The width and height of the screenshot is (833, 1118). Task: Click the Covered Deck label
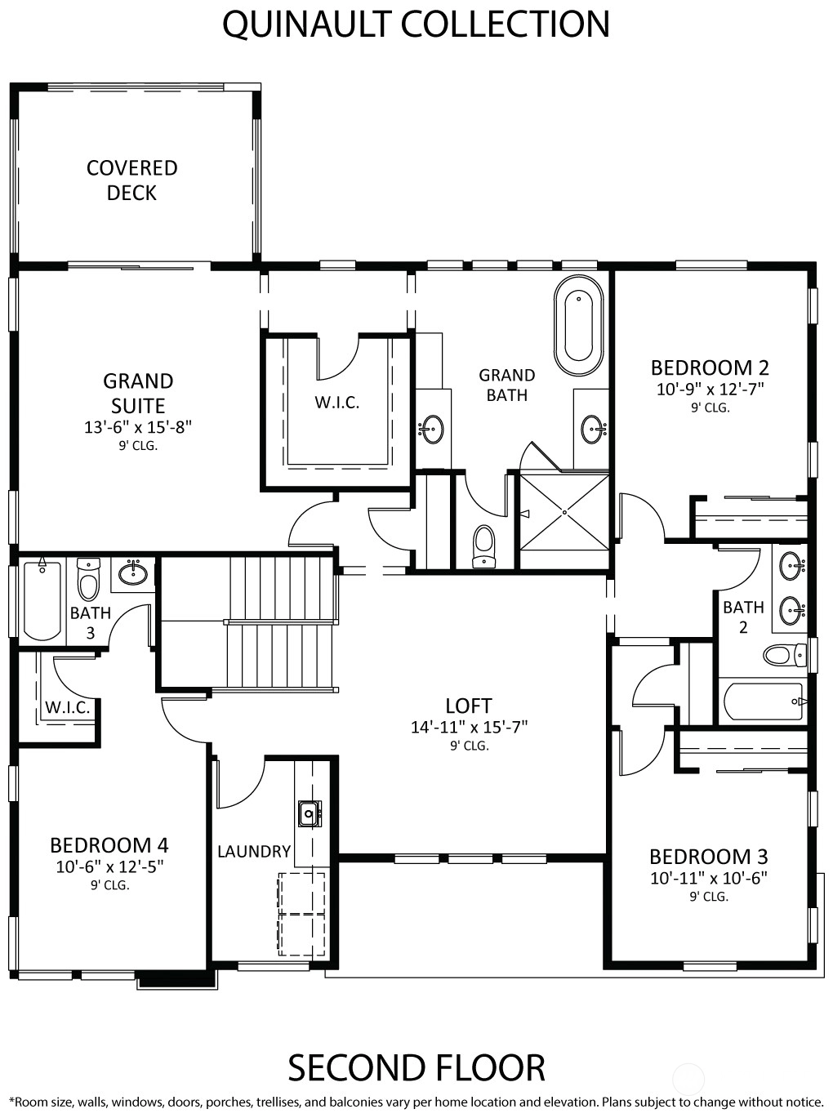[132, 180]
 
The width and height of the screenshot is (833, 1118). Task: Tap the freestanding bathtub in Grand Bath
[578, 324]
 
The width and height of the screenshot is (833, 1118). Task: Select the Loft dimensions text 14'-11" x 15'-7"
[469, 727]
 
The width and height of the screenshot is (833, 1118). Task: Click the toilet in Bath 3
[89, 579]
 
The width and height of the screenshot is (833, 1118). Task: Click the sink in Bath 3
[134, 572]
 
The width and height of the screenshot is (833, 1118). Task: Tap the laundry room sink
[310, 813]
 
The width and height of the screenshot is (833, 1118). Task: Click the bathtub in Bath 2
[763, 702]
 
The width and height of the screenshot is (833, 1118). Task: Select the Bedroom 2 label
[710, 368]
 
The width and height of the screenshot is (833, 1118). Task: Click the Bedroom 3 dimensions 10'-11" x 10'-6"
[708, 878]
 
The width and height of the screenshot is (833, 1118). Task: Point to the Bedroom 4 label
[109, 845]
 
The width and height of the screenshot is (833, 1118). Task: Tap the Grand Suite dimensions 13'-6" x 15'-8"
[138, 427]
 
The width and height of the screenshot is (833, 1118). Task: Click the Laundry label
[254, 851]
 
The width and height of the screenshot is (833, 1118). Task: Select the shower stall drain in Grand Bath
[565, 512]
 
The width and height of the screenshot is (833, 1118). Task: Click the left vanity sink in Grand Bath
[433, 430]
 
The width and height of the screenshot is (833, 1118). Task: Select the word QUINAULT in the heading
[308, 24]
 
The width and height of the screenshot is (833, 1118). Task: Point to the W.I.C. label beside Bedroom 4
[68, 707]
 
